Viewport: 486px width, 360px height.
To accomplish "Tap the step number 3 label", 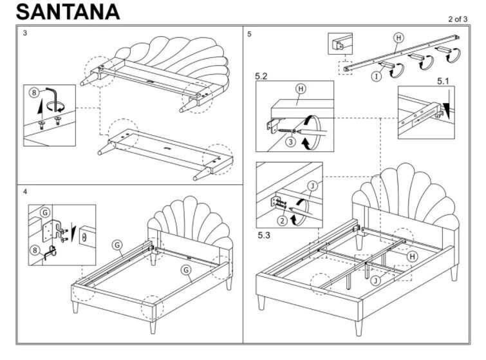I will (x=25, y=33).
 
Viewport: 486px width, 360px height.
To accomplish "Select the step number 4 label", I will (x=25, y=192).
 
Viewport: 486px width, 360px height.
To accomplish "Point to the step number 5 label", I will (x=249, y=33).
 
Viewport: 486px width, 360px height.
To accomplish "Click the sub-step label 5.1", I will (x=445, y=82).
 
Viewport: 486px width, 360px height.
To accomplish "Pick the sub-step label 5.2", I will (x=262, y=76).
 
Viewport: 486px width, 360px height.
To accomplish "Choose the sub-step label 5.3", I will (x=264, y=236).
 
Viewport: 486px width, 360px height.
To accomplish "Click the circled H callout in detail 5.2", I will (x=300, y=88).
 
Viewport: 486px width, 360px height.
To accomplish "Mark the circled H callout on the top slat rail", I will (x=398, y=37).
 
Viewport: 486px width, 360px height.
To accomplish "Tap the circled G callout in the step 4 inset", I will (x=45, y=213).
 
